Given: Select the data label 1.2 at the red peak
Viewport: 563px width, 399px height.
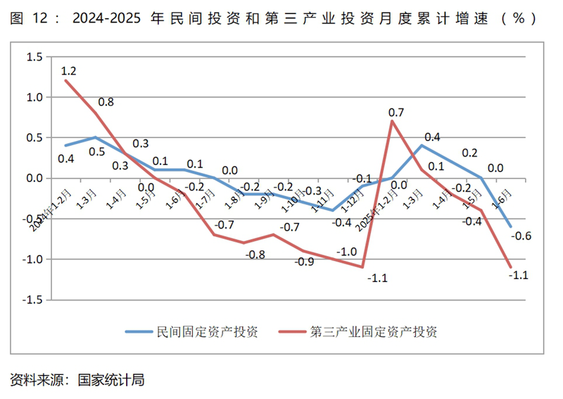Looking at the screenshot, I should tap(68, 70).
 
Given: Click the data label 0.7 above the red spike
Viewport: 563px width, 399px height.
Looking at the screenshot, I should tap(396, 112).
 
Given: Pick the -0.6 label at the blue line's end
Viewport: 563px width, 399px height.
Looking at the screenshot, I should tap(522, 235).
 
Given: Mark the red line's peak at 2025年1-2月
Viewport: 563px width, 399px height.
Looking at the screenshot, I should tap(391, 121).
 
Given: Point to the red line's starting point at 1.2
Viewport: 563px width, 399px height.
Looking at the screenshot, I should tap(65, 80).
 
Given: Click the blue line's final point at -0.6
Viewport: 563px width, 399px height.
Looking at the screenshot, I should tap(510, 227).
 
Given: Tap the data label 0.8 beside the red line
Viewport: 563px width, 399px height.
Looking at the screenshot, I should tap(106, 102).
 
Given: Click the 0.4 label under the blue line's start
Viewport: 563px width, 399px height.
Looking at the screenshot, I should tap(65, 159).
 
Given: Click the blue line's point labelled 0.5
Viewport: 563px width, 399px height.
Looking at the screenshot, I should tap(95, 137).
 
